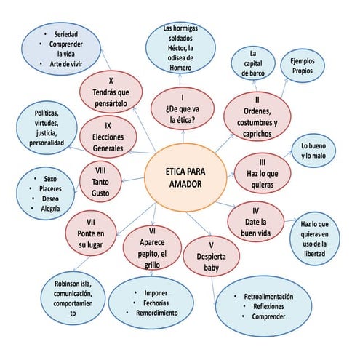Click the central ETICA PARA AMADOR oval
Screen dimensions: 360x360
pyautogui.click(x=185, y=177)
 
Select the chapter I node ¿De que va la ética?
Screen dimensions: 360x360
pyautogui.click(x=183, y=108)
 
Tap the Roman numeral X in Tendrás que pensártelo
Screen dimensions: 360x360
pyautogui.click(x=111, y=81)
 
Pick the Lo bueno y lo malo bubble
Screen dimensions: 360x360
pyautogui.click(x=313, y=151)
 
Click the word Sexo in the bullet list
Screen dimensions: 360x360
pyautogui.click(x=50, y=179)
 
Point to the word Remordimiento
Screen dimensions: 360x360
pyautogui.click(x=157, y=313)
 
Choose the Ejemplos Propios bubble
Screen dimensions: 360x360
pyautogui.click(x=303, y=65)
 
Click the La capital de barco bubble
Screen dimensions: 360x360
pyautogui.click(x=253, y=63)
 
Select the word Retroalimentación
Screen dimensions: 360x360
pyautogui.click(x=268, y=296)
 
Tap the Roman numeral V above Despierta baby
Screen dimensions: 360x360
pyautogui.click(x=211, y=245)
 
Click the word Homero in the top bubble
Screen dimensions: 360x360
pyautogui.click(x=180, y=68)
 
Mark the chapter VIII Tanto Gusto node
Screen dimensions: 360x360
pyautogui.click(x=100, y=182)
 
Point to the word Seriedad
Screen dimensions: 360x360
pyautogui.click(x=66, y=34)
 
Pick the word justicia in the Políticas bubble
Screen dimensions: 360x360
pyautogui.click(x=47, y=133)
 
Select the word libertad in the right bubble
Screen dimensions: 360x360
pyautogui.click(x=314, y=254)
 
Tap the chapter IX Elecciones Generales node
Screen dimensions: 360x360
pyautogui.click(x=108, y=137)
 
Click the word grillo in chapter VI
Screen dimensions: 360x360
pyautogui.click(x=152, y=265)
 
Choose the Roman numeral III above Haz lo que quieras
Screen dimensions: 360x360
pyautogui.click(x=263, y=162)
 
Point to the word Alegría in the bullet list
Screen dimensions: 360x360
pyautogui.click(x=50, y=209)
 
